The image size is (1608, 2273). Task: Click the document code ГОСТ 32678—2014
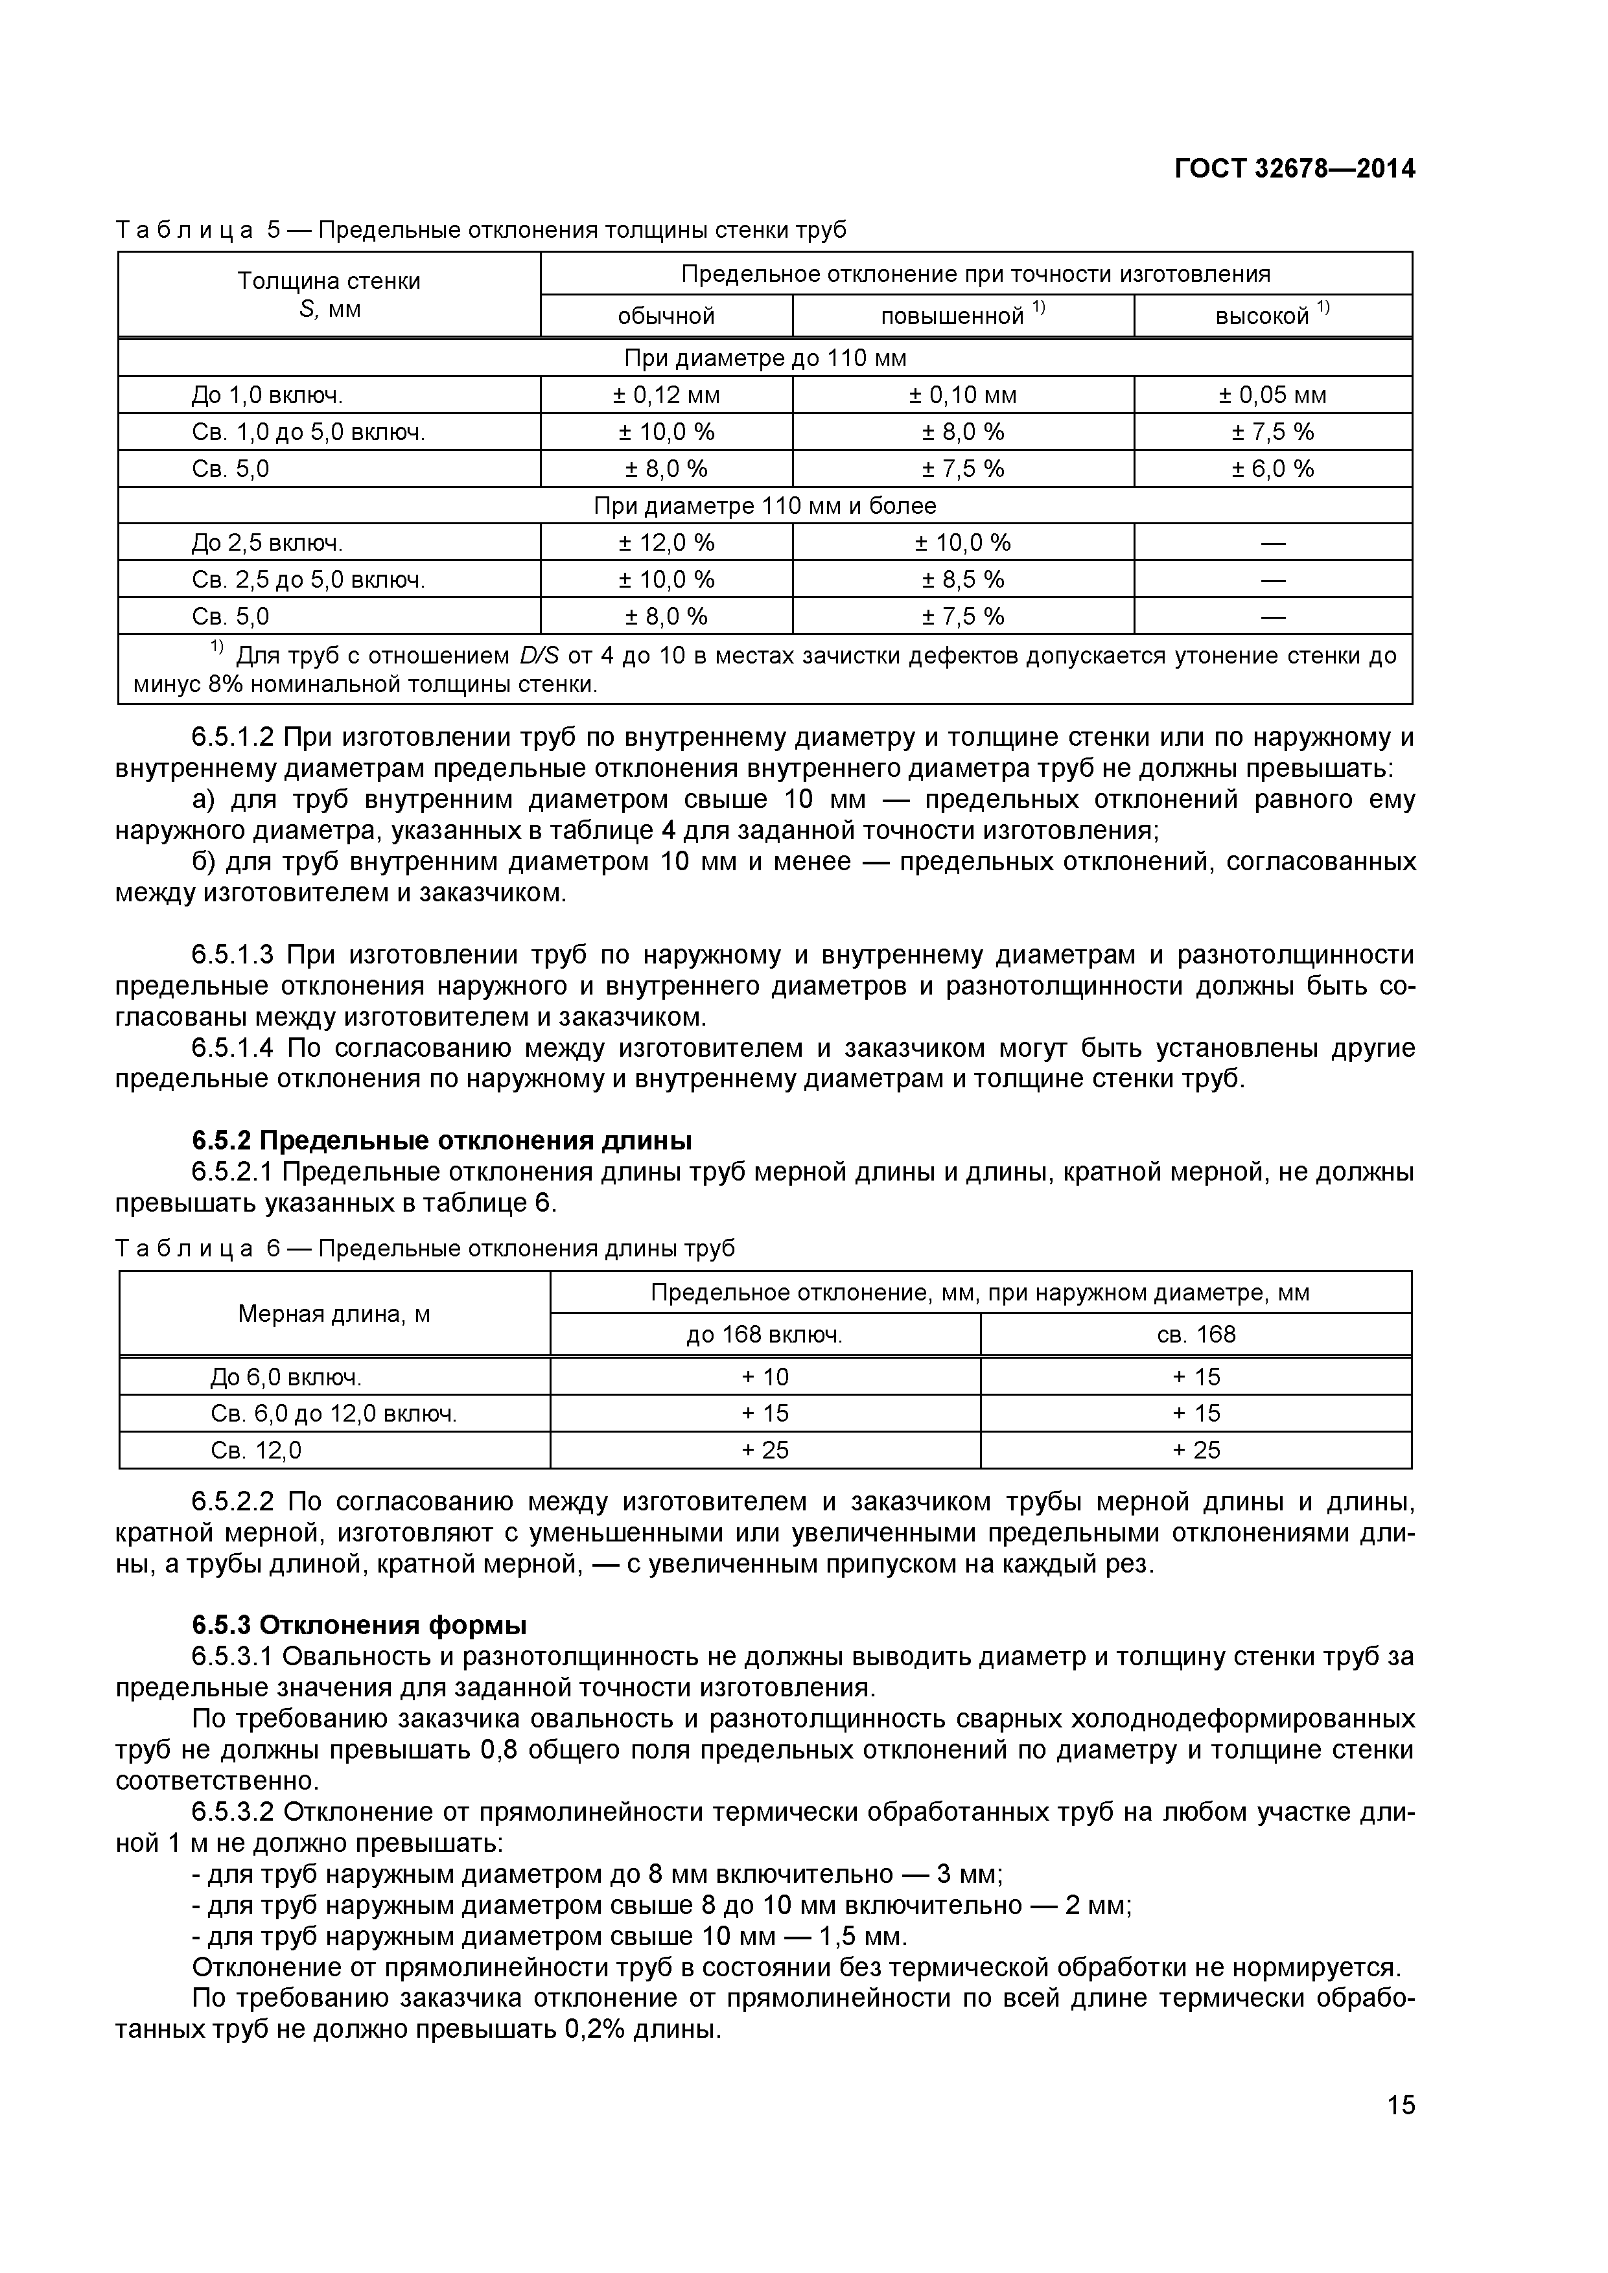click(x=1294, y=169)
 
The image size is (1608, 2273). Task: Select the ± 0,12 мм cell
click(x=666, y=395)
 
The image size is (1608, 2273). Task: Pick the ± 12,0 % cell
click(x=666, y=542)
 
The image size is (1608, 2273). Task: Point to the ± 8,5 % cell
click(x=962, y=579)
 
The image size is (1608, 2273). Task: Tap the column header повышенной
click(x=953, y=316)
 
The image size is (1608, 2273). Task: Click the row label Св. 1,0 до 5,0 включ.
click(x=308, y=432)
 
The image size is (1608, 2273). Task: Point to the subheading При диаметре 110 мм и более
click(x=764, y=506)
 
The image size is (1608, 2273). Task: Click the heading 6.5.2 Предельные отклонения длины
click(x=441, y=1140)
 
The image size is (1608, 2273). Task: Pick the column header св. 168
click(x=1196, y=1335)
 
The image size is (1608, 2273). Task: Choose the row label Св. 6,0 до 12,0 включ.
click(x=334, y=1414)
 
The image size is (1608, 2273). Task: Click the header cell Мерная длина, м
click(x=334, y=1313)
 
